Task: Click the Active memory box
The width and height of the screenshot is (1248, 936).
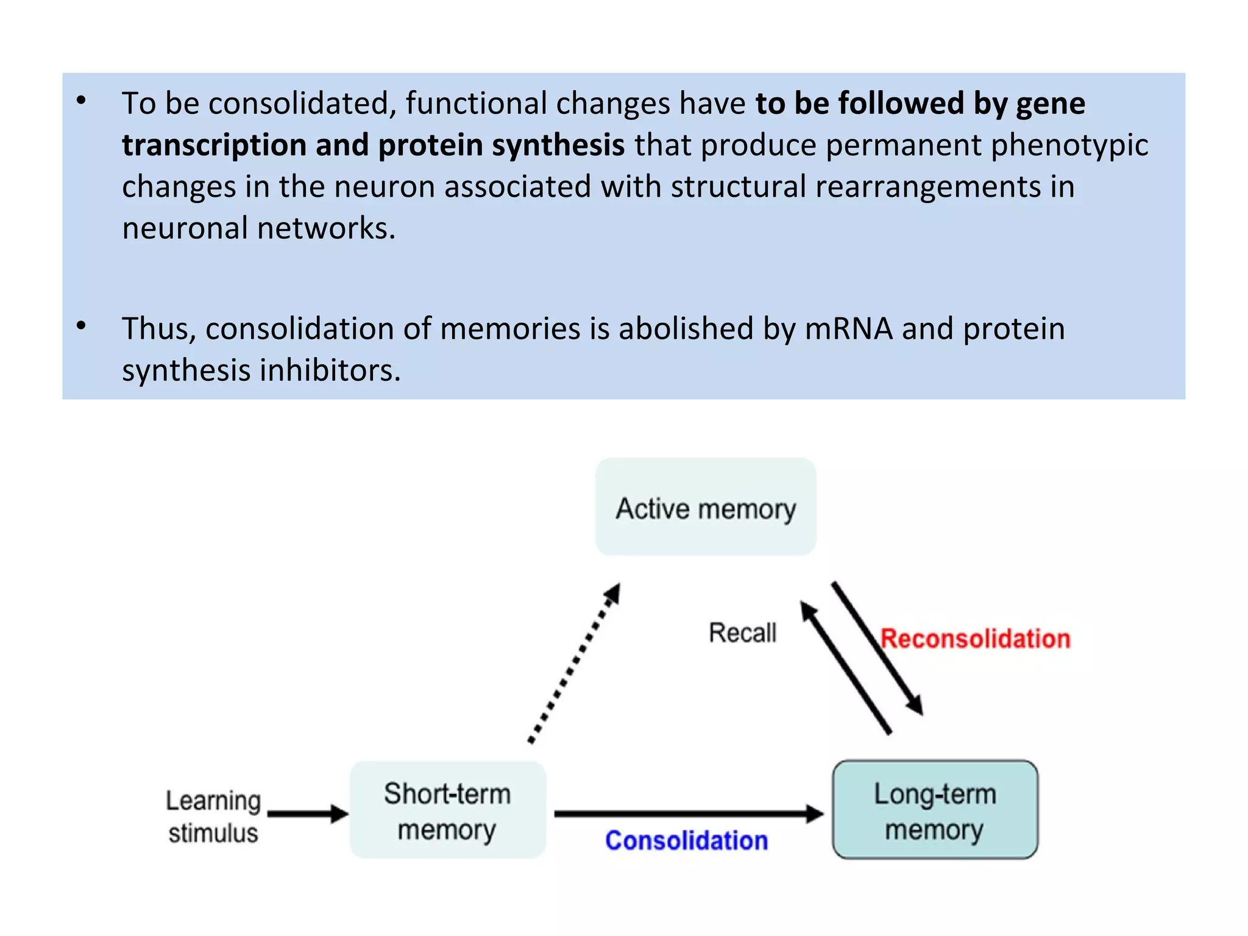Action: (x=705, y=507)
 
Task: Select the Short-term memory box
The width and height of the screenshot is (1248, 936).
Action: (x=447, y=810)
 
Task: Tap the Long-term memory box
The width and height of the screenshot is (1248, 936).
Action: (x=935, y=810)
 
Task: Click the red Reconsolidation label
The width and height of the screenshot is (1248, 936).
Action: (x=975, y=639)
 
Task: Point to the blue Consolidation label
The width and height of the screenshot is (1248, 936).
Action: (x=686, y=841)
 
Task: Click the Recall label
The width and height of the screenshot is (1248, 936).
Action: (x=742, y=633)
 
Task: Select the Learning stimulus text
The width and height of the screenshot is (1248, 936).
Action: (x=213, y=816)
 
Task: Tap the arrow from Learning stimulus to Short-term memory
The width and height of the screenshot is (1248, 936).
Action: (x=308, y=814)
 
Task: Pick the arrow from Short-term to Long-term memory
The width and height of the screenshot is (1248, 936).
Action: (x=689, y=814)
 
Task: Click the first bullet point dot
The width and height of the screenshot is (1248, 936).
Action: (x=81, y=101)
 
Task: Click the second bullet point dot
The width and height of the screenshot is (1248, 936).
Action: (x=81, y=327)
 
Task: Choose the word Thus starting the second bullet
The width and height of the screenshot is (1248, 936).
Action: (x=157, y=329)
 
